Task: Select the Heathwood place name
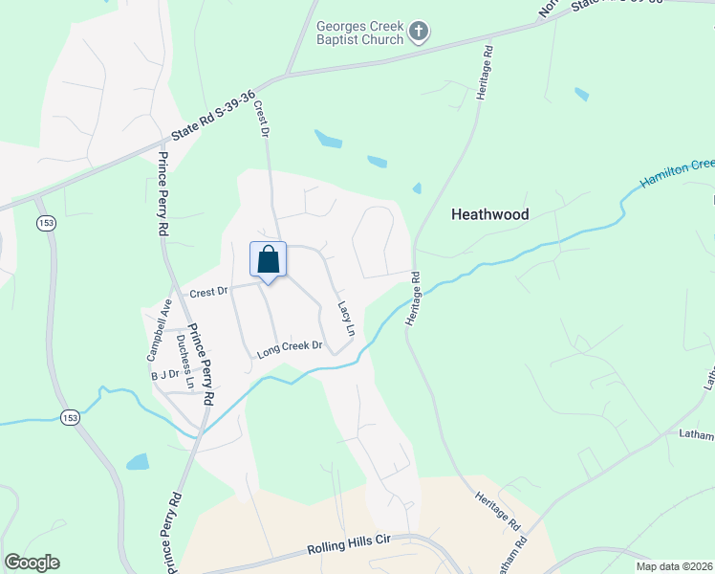pyautogui.click(x=489, y=215)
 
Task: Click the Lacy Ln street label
pyautogui.click(x=346, y=319)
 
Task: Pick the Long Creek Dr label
pyautogui.click(x=291, y=349)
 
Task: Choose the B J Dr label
pyautogui.click(x=165, y=375)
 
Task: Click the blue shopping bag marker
pyautogui.click(x=269, y=260)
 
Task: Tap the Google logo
pyautogui.click(x=32, y=563)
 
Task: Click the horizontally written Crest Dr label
pyautogui.click(x=208, y=293)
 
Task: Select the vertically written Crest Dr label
pyautogui.click(x=260, y=120)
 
